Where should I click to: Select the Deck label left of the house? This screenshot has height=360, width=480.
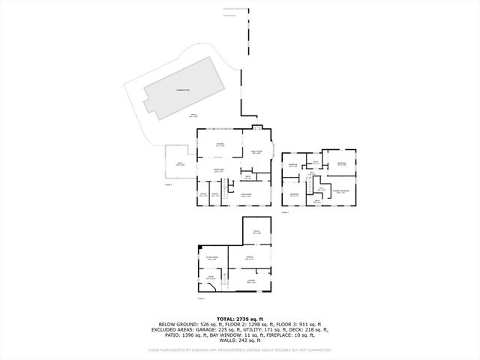tap(180, 163)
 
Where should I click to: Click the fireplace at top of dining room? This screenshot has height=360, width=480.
tap(257, 127)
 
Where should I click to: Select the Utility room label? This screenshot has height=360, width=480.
tap(256, 232)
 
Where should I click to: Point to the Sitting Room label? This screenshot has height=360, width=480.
tap(211, 258)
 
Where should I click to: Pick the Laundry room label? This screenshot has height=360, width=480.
tap(250, 282)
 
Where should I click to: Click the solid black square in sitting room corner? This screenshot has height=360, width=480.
tap(199, 247)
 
